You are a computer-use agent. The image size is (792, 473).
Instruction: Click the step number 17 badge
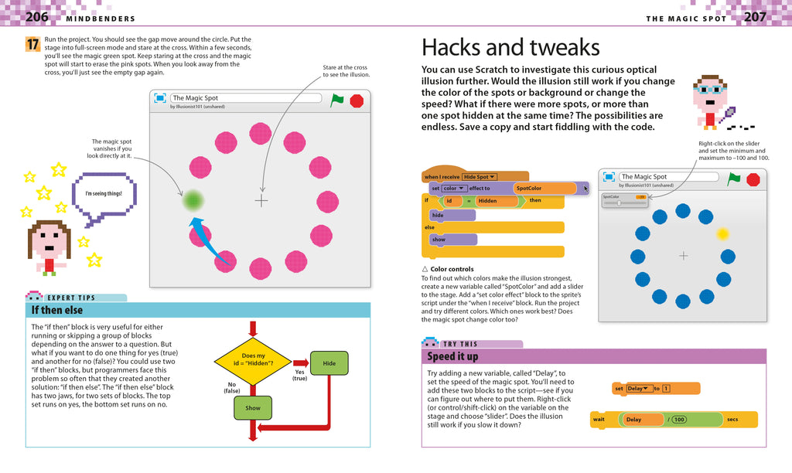[x=32, y=44]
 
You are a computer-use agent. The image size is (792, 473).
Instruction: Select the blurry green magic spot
[x=193, y=201]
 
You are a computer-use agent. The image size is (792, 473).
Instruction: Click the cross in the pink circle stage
[x=261, y=201]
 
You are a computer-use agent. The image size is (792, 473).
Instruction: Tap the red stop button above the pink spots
[x=357, y=100]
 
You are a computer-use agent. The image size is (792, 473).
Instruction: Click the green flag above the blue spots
[x=734, y=179]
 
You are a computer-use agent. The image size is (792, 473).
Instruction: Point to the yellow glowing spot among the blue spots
[x=722, y=233]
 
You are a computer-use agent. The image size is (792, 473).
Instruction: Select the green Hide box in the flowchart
[x=329, y=363]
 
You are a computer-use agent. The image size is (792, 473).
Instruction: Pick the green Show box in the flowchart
[x=253, y=407]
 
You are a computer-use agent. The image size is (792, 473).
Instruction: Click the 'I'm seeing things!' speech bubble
[x=104, y=193]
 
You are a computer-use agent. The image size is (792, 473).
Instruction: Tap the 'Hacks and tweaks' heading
[x=510, y=47]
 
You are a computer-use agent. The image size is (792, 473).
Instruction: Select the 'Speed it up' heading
[x=452, y=356]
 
